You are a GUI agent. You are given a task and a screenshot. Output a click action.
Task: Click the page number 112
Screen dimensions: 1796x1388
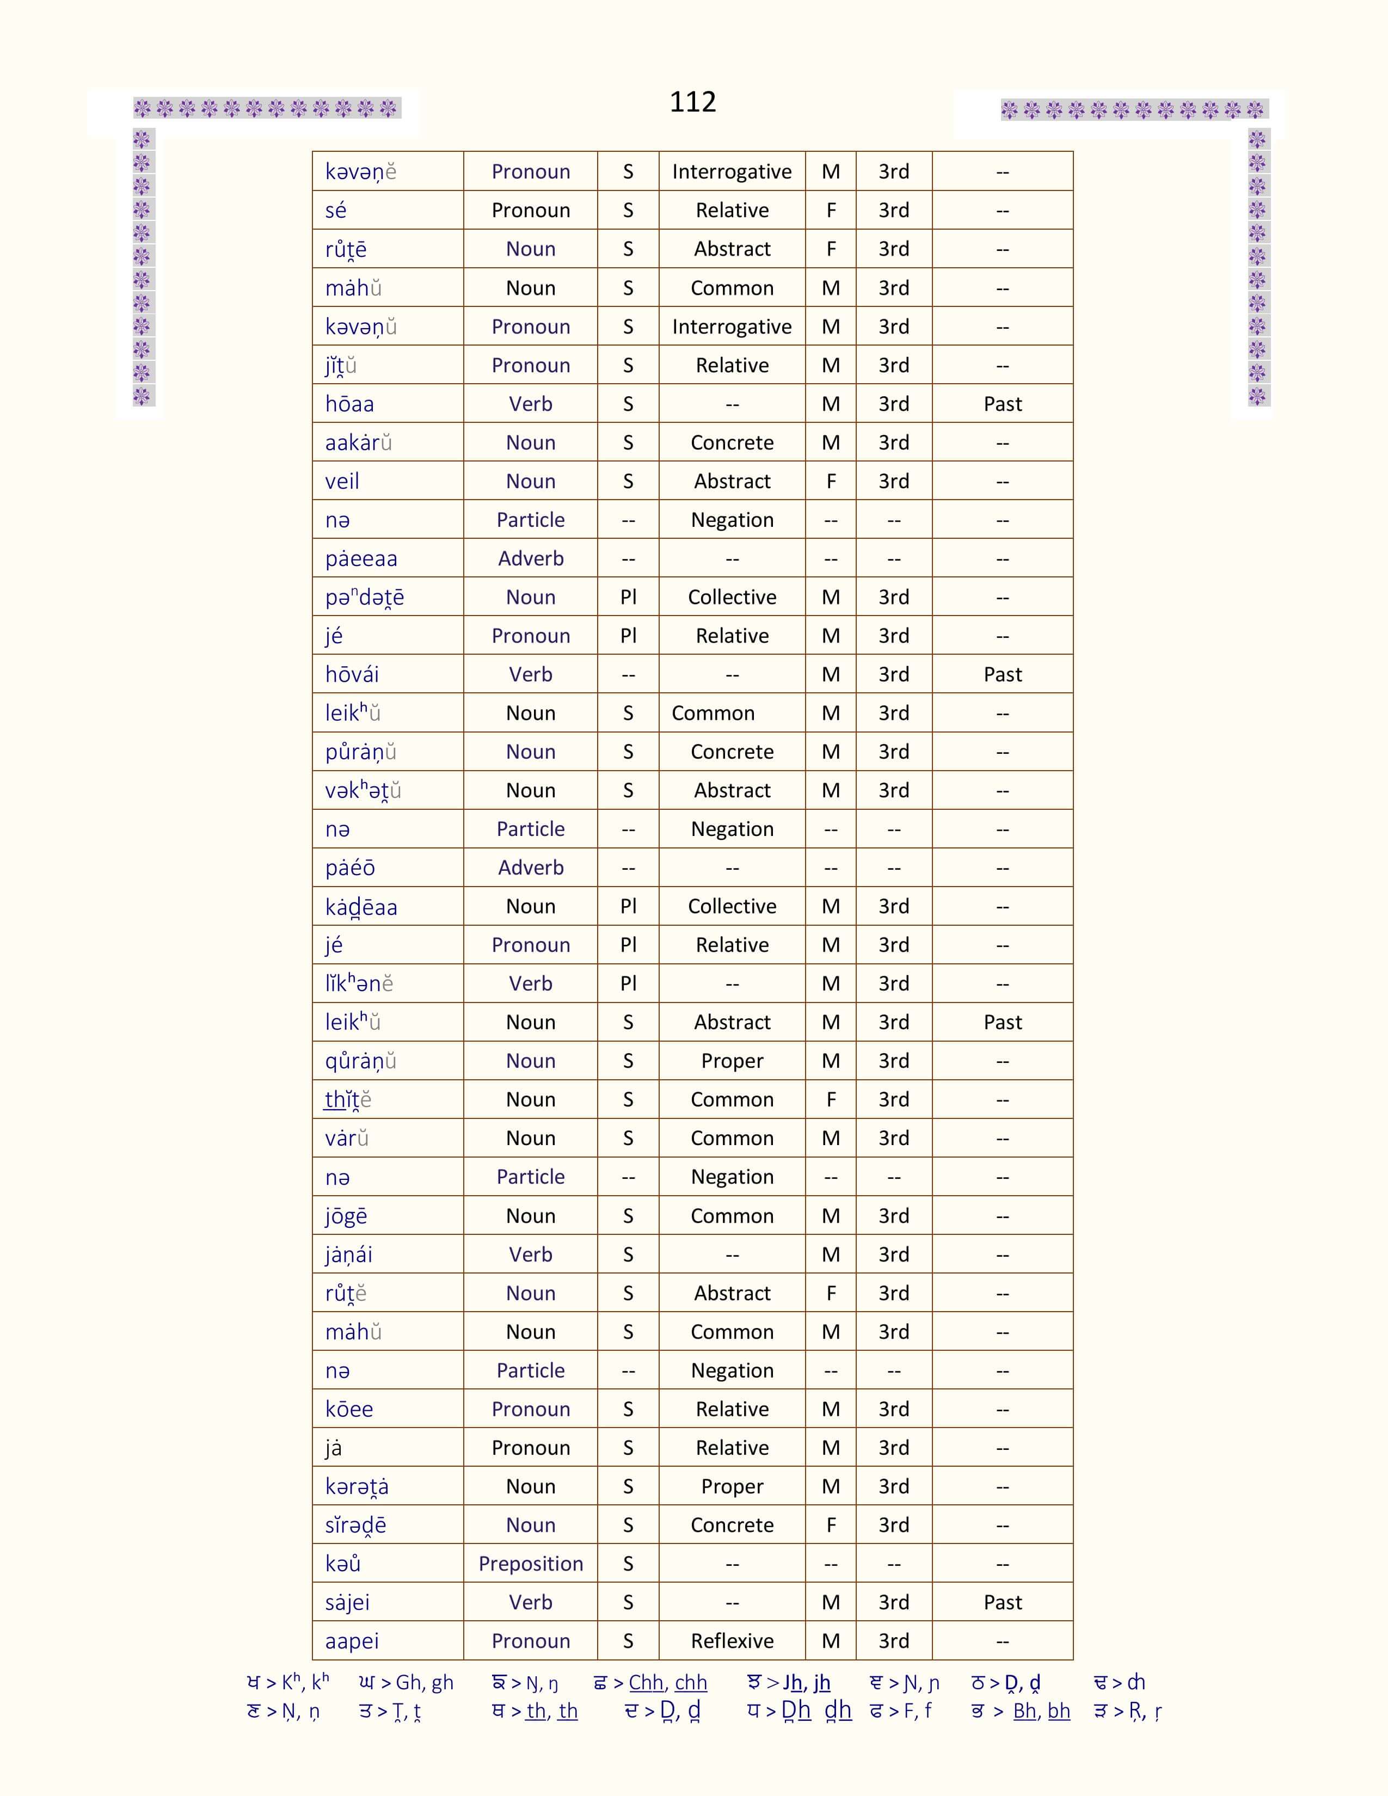pyautogui.click(x=692, y=102)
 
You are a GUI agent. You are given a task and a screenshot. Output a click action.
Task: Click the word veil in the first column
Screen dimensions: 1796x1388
pyautogui.click(x=342, y=481)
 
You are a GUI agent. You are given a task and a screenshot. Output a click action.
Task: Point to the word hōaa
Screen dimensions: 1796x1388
pyautogui.click(x=349, y=404)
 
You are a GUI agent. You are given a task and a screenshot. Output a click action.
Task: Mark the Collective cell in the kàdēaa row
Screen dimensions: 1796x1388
pyautogui.click(x=732, y=906)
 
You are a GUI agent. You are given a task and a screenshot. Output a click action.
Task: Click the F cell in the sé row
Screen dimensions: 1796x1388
pyautogui.click(x=831, y=211)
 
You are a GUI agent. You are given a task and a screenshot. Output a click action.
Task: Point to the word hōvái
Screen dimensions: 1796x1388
pyautogui.click(x=352, y=674)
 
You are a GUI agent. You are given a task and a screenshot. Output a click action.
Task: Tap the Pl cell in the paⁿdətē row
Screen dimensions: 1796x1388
pyautogui.click(x=628, y=597)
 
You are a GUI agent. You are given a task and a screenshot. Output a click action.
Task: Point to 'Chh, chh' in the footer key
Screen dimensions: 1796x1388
pyautogui.click(x=668, y=1682)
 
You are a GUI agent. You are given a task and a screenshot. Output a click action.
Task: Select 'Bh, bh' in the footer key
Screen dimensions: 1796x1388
pyautogui.click(x=1041, y=1711)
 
